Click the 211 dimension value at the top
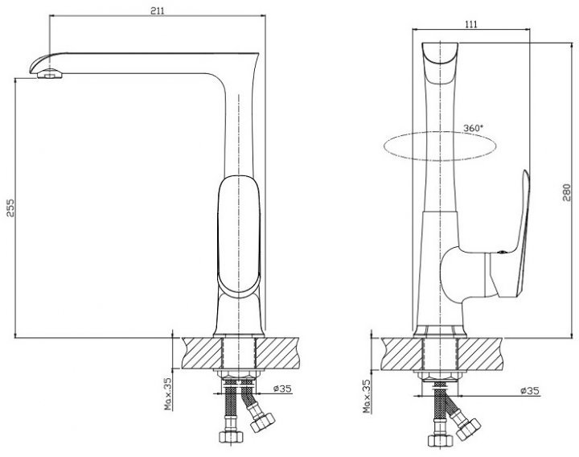(157, 10)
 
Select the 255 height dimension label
(10, 208)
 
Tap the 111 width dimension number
(470, 24)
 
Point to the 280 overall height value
(566, 192)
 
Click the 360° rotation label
(473, 128)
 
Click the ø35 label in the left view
(282, 389)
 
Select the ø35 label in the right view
(530, 390)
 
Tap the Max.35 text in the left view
(168, 393)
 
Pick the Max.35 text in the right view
(367, 396)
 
